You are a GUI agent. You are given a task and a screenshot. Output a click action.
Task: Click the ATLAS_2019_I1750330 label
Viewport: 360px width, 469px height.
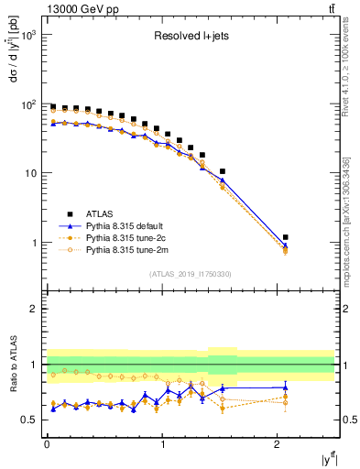(189, 274)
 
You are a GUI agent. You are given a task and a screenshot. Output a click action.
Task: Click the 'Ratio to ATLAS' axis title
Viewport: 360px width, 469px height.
(12, 363)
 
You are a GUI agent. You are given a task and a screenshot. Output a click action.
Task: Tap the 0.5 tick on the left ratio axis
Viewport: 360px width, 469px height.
(27, 420)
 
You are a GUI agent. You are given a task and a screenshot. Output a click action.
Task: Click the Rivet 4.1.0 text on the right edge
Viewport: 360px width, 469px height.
(350, 101)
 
